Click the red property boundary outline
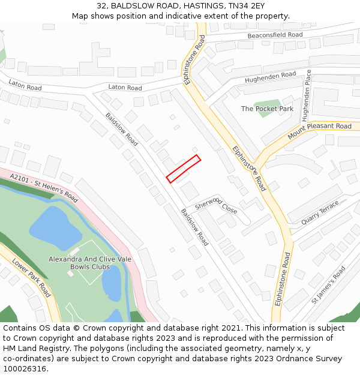coord(183,169)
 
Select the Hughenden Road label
coord(271,77)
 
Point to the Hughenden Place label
coord(307,95)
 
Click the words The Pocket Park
coord(267,109)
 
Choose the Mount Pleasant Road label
coord(319,131)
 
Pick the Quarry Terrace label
coord(320,214)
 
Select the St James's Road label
coord(328,286)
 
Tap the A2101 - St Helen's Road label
coord(44,187)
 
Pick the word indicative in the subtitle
coord(180,16)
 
